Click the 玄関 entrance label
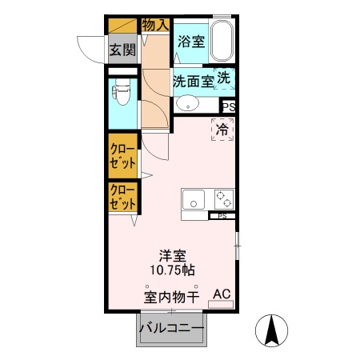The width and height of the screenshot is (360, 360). tap(122, 50)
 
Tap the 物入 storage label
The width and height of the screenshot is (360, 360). tap(155, 24)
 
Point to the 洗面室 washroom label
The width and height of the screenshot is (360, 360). tap(193, 80)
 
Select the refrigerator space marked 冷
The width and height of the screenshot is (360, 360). tap(223, 128)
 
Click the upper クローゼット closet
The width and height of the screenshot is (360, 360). tap(122, 156)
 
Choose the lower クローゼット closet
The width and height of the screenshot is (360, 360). tap(122, 197)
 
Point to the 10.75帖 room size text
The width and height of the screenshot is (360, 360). tap(172, 270)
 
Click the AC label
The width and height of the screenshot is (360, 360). tap(222, 294)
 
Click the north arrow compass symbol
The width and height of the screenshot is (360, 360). tap(270, 330)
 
